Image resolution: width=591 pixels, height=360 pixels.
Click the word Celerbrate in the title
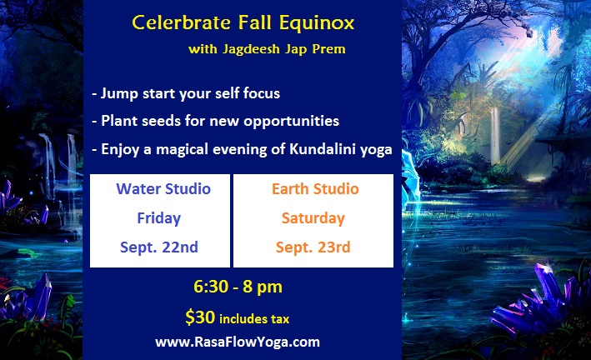[181, 22]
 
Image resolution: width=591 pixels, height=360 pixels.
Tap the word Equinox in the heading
[317, 23]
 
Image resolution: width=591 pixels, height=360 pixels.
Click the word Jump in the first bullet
[119, 94]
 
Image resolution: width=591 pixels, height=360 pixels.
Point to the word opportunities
[291, 122]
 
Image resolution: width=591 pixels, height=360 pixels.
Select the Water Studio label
[163, 189]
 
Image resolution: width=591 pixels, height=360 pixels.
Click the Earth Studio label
[315, 189]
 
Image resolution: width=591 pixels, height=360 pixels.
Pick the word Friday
[158, 218]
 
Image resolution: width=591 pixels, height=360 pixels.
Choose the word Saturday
[313, 218]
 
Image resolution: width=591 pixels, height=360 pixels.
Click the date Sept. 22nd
[158, 247]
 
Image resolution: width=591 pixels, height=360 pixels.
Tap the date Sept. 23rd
[313, 247]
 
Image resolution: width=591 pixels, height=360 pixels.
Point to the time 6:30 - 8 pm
[238, 287]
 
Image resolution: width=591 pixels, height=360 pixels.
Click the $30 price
[200, 317]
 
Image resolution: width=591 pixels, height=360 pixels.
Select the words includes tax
[254, 319]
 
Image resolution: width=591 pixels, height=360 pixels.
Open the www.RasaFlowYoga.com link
[238, 342]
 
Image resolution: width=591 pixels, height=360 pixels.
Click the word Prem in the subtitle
[328, 49]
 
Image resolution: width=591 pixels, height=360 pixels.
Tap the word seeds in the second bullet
[162, 121]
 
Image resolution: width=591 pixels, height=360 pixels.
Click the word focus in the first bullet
[262, 93]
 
